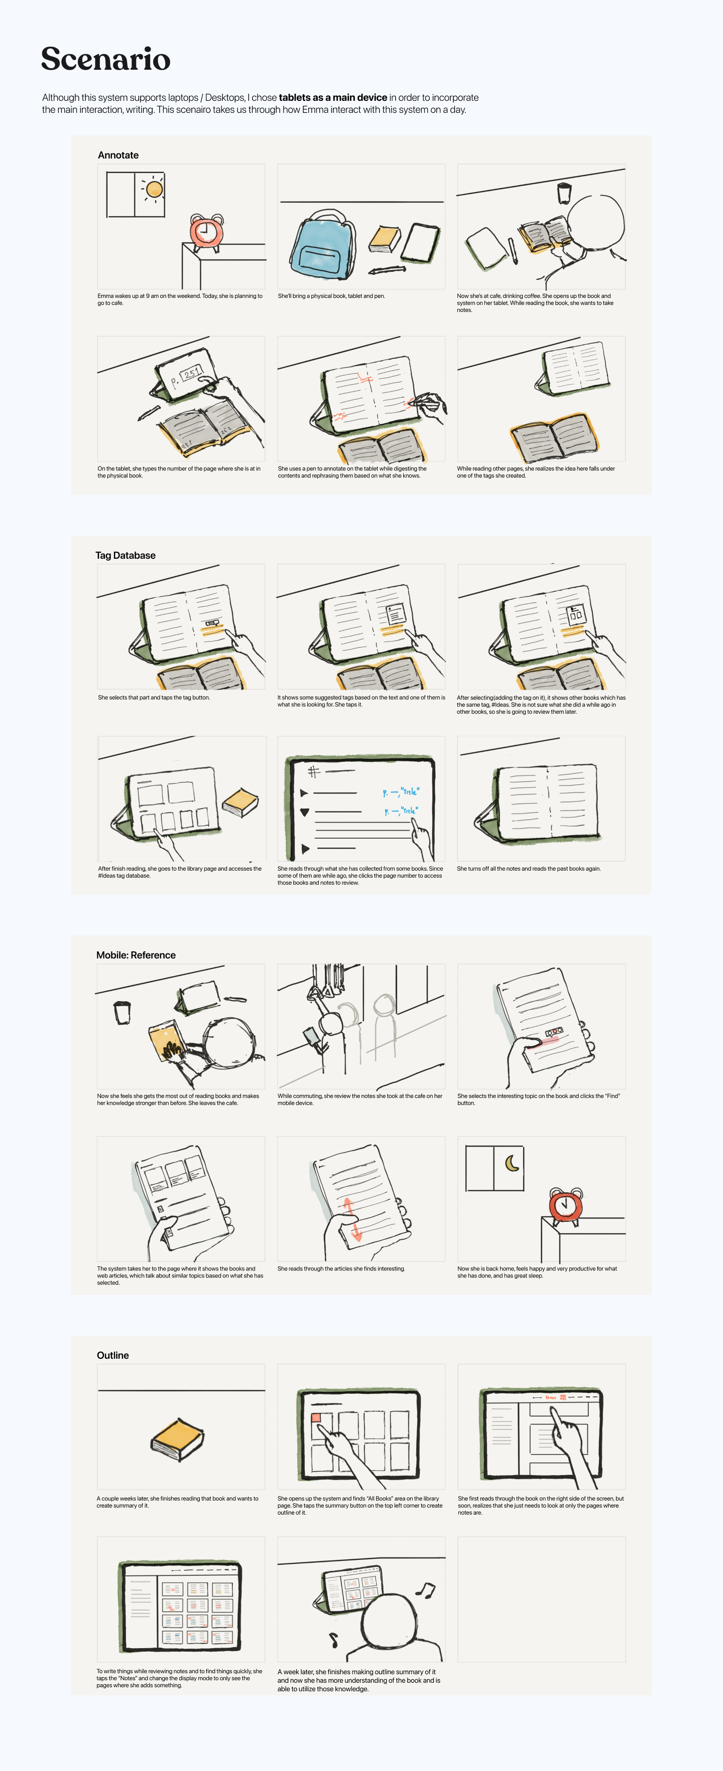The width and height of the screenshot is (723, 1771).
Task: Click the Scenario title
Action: [x=105, y=59]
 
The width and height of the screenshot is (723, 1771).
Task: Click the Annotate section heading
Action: [x=118, y=155]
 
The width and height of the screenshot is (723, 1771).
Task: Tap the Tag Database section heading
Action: [x=125, y=556]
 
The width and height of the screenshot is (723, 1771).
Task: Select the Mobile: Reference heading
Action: [x=136, y=955]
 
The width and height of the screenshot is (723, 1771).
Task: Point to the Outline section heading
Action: [x=113, y=1355]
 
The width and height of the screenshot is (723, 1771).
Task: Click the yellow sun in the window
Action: [x=154, y=189]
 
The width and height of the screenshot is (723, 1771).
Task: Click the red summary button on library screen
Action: [x=316, y=1417]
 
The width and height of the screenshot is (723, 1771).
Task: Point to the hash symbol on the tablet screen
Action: [x=314, y=771]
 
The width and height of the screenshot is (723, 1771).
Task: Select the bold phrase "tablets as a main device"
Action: [x=333, y=98]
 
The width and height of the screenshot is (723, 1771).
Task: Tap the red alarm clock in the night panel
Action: [x=565, y=1205]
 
